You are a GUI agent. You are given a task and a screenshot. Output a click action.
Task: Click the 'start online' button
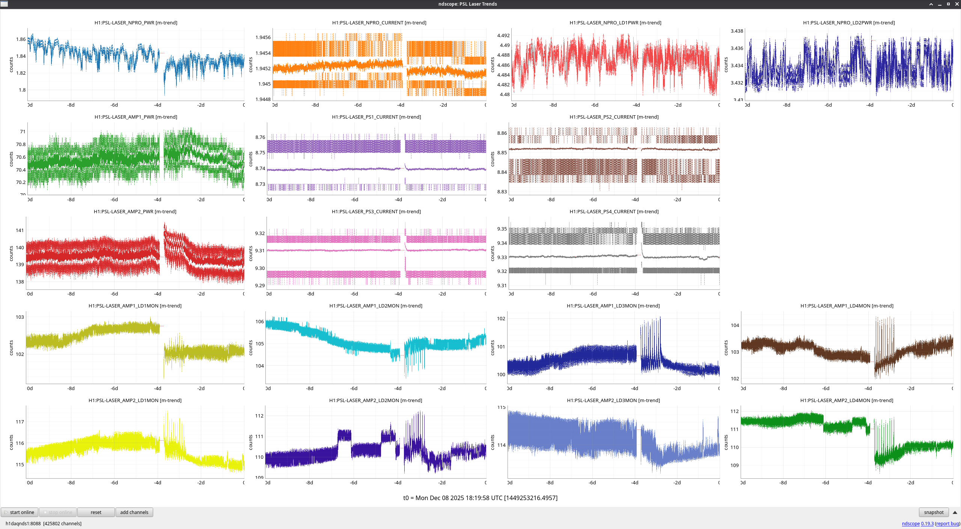point(20,512)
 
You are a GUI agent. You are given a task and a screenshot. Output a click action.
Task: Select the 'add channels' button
point(134,512)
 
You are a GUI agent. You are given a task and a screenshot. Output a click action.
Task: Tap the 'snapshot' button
point(934,512)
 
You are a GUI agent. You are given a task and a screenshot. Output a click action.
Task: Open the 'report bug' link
point(947,523)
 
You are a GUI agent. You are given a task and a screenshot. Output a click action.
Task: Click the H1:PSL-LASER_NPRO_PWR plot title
point(136,23)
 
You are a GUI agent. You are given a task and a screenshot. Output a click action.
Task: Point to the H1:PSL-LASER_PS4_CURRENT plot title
point(614,211)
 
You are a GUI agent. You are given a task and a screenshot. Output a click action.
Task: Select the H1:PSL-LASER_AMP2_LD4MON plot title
point(847,400)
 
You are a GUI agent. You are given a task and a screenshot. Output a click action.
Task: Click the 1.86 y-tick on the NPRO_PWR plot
point(21,39)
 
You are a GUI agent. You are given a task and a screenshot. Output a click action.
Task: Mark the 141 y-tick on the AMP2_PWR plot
point(20,230)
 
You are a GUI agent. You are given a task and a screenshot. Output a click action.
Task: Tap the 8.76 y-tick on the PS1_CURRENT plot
point(260,137)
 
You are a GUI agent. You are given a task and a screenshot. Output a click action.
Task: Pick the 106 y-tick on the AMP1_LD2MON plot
point(260,321)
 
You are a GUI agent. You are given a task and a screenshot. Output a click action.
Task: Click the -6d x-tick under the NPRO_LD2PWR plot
point(828,105)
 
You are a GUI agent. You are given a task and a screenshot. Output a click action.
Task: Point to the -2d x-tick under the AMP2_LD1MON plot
point(201,483)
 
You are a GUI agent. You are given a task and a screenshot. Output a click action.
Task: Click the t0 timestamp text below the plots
point(480,498)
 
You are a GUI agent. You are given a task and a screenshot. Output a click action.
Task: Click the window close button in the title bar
point(957,4)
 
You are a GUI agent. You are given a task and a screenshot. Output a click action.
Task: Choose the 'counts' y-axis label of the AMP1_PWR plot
point(11,159)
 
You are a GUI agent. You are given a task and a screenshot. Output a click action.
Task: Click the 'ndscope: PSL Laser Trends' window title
point(467,4)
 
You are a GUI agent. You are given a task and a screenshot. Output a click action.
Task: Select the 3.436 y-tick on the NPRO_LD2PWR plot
point(737,48)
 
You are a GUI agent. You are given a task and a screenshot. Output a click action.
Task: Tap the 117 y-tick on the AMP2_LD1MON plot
point(20,422)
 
